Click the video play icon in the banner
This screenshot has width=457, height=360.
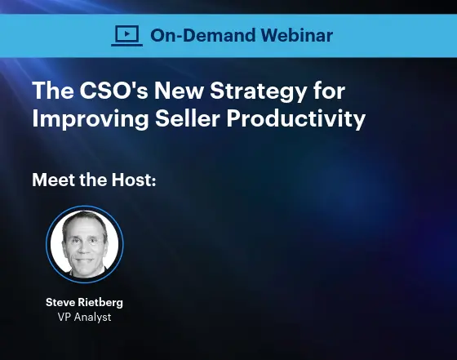pos(126,34)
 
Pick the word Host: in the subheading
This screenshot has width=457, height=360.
pos(132,180)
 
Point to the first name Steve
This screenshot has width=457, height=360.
pos(62,303)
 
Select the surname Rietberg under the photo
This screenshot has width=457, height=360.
pos(102,303)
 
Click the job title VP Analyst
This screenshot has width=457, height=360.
pos(84,317)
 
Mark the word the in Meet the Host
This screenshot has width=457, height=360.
pos(94,180)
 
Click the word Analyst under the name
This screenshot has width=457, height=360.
pos(92,317)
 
